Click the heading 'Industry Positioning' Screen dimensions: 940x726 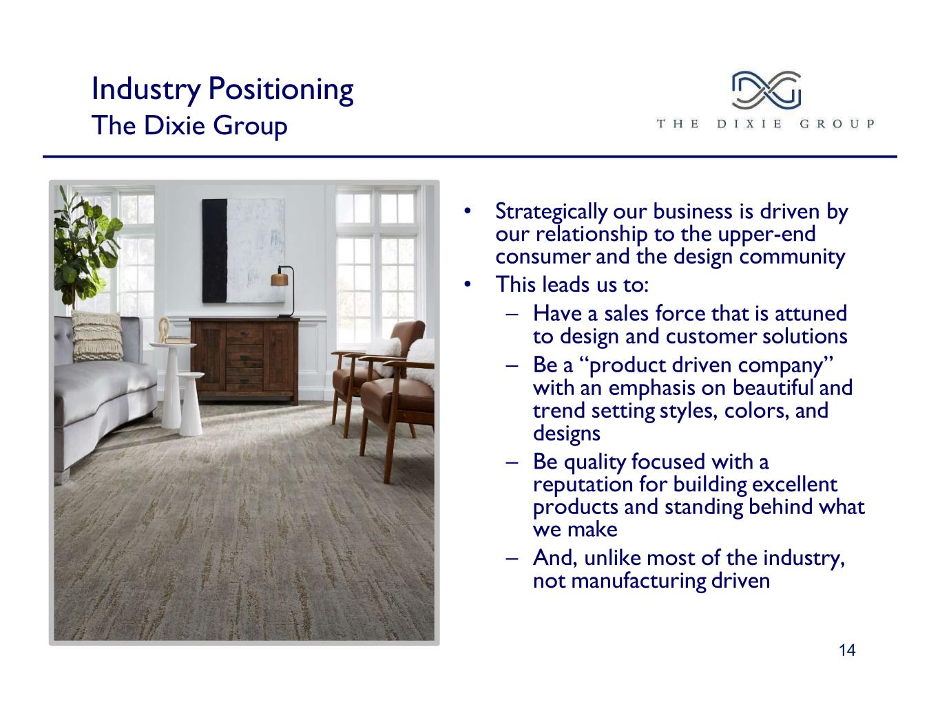pos(222,89)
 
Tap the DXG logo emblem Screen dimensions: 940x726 pos(766,90)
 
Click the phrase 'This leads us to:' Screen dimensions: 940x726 pos(572,284)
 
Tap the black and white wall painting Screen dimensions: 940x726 pos(243,250)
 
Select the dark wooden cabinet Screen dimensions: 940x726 pos(244,360)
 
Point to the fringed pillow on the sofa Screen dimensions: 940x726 pos(97,337)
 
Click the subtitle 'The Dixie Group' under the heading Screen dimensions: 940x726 pos(189,126)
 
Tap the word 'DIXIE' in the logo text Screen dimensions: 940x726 pos(749,124)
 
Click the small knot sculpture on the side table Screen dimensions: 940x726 pos(164,330)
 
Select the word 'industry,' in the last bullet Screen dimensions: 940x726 pos(804,558)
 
